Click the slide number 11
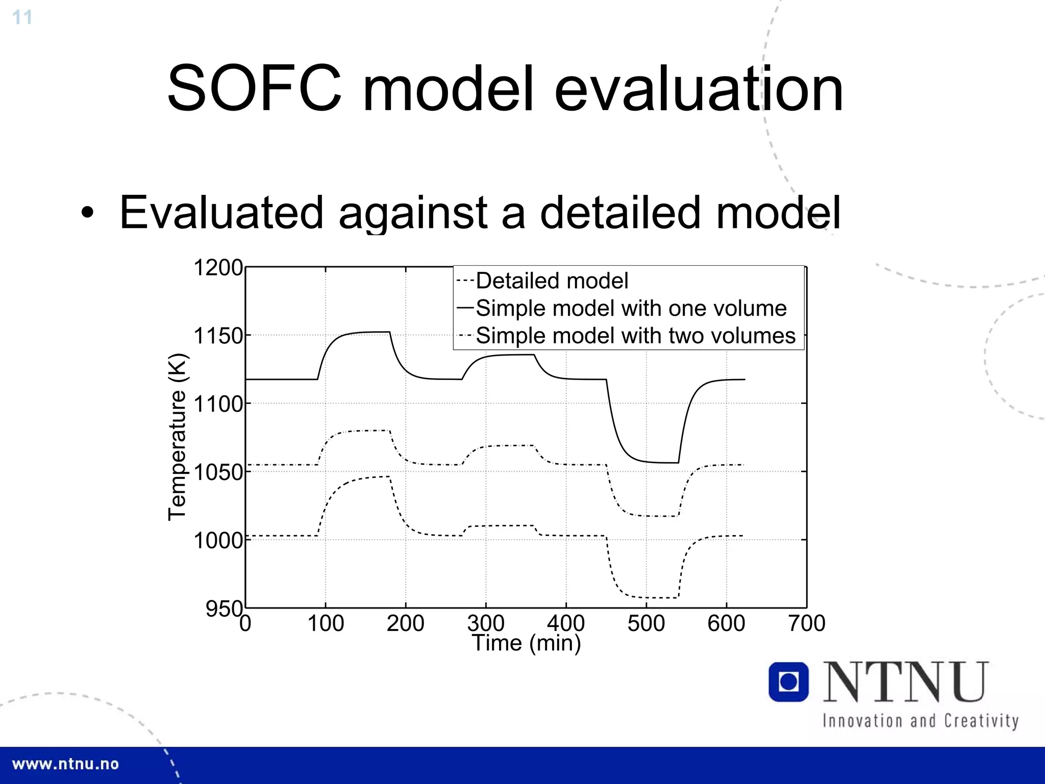22,17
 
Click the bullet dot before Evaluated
88,213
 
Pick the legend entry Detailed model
552,281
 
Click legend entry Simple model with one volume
631,308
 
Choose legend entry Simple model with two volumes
635,336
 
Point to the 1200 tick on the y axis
218,267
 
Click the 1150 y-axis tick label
218,336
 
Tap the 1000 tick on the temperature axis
218,540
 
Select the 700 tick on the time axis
806,623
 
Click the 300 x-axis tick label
485,623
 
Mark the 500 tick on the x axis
646,623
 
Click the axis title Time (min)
526,643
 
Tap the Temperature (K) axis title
178,437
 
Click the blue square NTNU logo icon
788,682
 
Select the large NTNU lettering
906,682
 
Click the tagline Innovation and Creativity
920,721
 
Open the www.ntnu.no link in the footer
65,764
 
